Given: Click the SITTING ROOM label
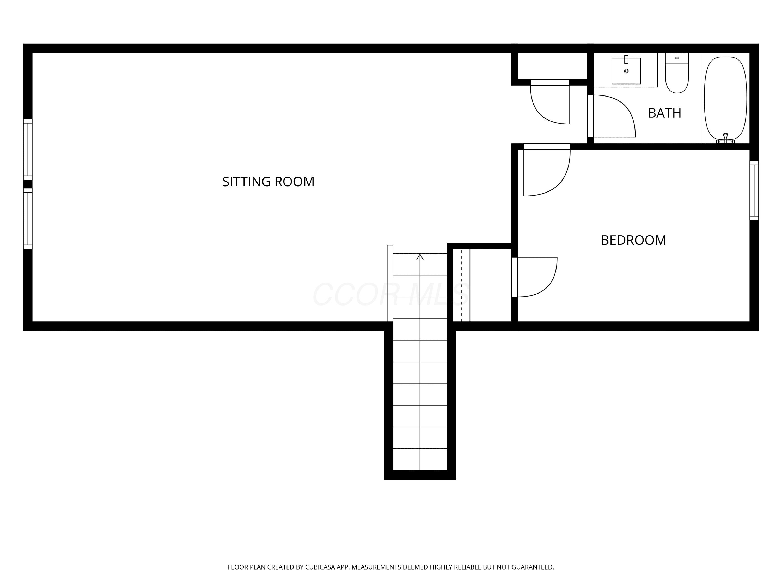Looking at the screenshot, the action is pos(268,182).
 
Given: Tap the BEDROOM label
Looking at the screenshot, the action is pos(633,240).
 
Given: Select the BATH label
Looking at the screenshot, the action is pos(665,113).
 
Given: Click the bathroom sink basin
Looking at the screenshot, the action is pos(626,71).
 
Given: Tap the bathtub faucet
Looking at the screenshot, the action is pos(726,138).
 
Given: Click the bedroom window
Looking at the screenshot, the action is pos(754,191).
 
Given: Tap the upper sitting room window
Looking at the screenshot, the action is pos(28,149).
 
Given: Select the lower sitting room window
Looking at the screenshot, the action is pos(28,219).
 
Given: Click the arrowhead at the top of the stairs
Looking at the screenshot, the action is pos(420,257).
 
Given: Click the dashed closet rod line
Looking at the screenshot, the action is pos(461,285).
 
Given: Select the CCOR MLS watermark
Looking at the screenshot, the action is pos(391,294).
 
